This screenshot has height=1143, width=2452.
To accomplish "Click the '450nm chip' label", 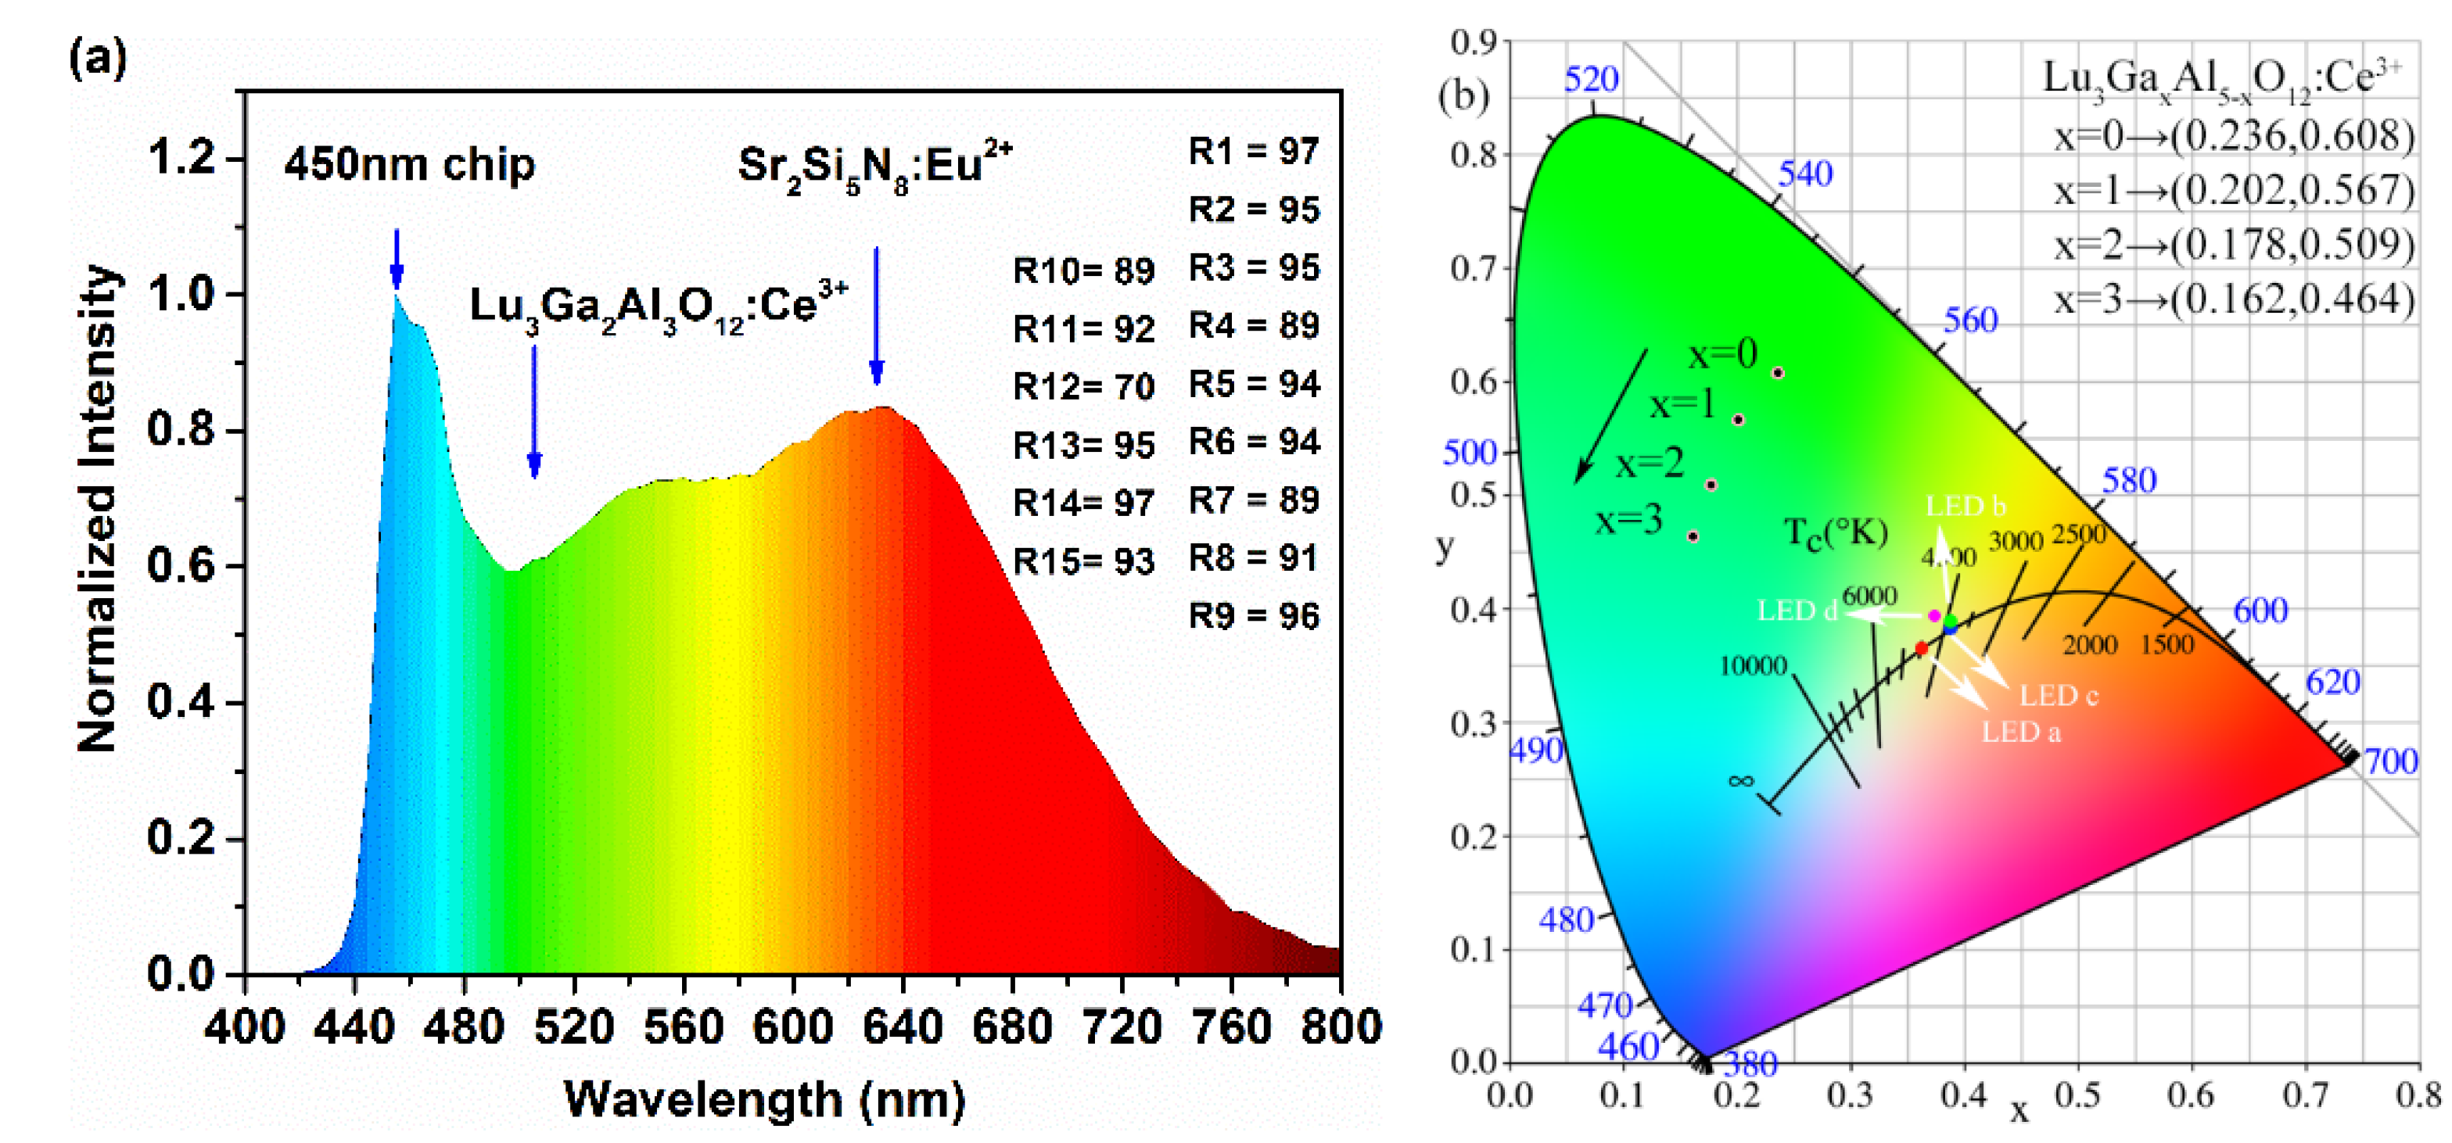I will pos(409,165).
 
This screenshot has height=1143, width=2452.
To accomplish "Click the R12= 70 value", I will pos(1083,387).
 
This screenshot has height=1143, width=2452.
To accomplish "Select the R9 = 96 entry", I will pos(1254,617).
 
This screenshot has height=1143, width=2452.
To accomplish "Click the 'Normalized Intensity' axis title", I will pos(98,509).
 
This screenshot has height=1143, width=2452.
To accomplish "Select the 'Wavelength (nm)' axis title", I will pos(764,1100).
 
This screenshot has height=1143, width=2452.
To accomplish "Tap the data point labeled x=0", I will pos(1777,373).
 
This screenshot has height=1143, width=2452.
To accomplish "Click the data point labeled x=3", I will pos(1693,537).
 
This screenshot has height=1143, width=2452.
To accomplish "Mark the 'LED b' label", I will pos(1965,507).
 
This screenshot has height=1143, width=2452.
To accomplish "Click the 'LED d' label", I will pos(1796,611).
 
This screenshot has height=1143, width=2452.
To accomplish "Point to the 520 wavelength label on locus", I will pos(1591,80).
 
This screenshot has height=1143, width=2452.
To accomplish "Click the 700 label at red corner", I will pos(2390,761).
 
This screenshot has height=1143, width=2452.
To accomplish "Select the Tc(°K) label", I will pos(1835,533).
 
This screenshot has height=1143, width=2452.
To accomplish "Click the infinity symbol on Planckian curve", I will pos(1740,781).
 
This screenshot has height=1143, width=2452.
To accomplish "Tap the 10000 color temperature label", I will pos(1753,666).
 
